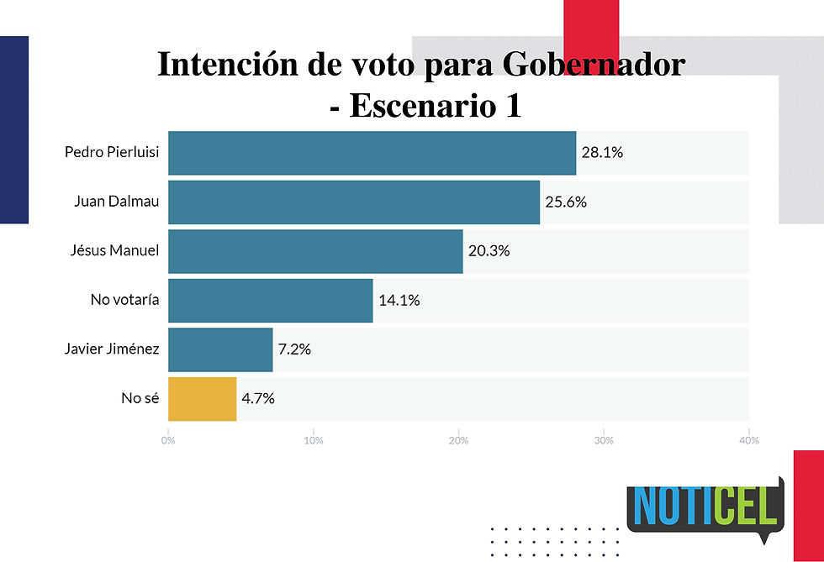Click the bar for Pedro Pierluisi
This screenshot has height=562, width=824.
pos(372,153)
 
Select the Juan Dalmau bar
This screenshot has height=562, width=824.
pos(353,202)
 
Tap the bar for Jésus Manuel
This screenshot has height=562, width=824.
pos(315,251)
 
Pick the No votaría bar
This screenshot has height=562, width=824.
pos(270,300)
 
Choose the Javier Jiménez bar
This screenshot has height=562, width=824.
pos(220,349)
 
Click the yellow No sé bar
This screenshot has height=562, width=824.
pos(202,398)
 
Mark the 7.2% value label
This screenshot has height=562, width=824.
pos(295,349)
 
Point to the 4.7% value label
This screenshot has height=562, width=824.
pos(258,398)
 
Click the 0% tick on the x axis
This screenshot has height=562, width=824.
pos(168,440)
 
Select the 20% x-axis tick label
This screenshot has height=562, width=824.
pos(458,440)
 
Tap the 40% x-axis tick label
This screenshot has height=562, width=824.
pos(748,440)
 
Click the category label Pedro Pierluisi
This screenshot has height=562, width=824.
pos(112,153)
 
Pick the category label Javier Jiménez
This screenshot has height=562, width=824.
pos(112,349)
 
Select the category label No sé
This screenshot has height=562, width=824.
pos(140,398)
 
